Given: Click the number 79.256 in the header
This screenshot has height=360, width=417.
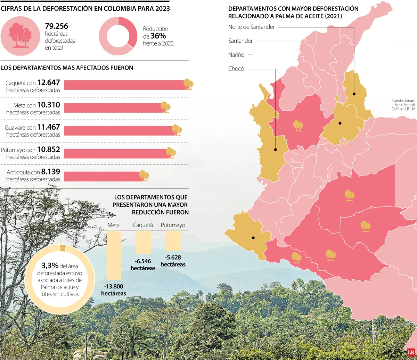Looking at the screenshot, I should point(57,26).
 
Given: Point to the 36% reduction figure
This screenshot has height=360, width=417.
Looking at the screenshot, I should point(158,36).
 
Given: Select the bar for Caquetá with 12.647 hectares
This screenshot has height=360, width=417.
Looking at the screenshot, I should point(125,85).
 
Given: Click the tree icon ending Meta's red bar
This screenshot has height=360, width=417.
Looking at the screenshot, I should point(165,107).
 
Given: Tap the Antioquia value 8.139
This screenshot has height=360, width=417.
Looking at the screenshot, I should point(51,172).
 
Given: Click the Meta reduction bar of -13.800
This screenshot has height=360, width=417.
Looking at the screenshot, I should point(114,255).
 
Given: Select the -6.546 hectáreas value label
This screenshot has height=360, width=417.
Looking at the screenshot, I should point(143,261).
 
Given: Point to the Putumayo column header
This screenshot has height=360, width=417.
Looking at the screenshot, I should point(173,225).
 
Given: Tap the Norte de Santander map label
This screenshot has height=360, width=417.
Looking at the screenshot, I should point(252,27).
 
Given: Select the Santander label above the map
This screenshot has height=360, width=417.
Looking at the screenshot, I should point(240,41).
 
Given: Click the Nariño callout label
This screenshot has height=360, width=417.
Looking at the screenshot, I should point(236,55).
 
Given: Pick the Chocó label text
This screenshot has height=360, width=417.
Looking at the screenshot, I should point(236,69).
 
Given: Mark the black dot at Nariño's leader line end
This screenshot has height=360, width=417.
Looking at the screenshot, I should point(253,238).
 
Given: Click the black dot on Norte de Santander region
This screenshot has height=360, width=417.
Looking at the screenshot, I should point(354,93).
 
